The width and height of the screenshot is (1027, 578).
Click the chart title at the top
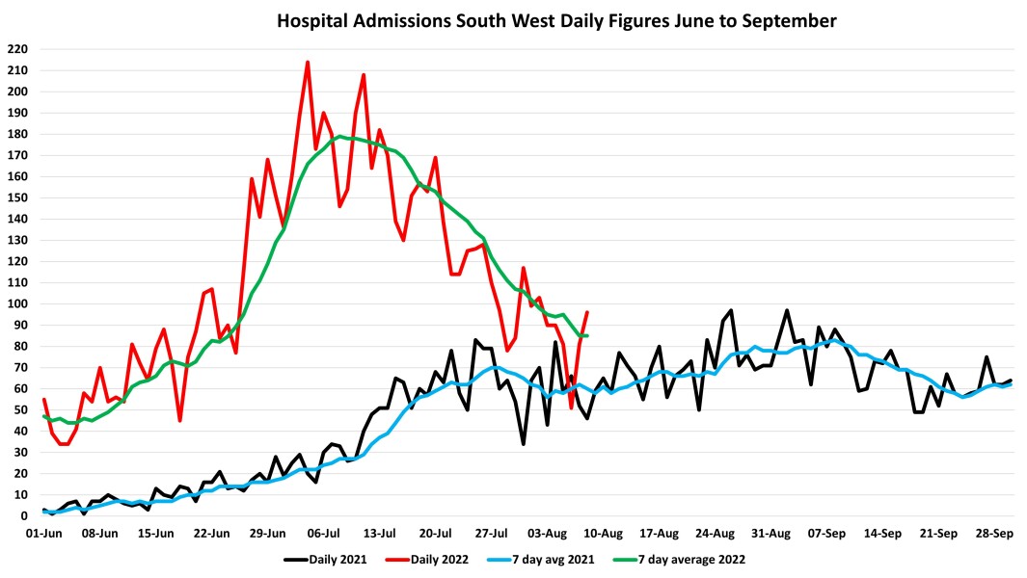tap(556, 20)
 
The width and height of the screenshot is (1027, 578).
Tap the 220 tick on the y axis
tap(16, 49)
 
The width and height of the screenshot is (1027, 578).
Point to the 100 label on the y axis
tap(16, 303)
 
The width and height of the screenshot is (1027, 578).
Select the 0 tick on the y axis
tap(23, 516)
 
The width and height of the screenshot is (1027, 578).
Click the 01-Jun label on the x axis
tap(43, 533)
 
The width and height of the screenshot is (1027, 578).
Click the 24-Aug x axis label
tap(716, 533)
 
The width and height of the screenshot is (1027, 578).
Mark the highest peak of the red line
tap(308, 63)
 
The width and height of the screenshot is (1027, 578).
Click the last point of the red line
tap(587, 312)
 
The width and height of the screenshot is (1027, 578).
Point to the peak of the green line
tap(339, 136)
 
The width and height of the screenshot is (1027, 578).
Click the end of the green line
tap(587, 335)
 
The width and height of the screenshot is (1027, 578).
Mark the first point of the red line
tap(44, 400)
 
